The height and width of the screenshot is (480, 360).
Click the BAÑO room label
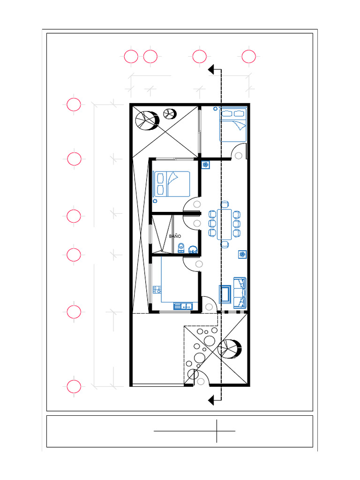(175, 236)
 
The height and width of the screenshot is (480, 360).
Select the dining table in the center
(225, 225)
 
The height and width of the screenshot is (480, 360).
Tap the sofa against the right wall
(240, 293)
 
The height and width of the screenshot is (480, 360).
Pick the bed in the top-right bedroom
(233, 124)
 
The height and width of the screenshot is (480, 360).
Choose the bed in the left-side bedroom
(172, 184)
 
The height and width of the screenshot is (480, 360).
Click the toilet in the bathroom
(181, 247)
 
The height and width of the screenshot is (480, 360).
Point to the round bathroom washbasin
(193, 249)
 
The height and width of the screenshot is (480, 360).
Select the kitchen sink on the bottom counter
(183, 306)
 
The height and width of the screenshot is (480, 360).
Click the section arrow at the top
(214, 70)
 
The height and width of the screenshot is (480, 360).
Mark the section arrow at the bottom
(214, 400)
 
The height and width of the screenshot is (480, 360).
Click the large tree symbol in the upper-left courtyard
(146, 120)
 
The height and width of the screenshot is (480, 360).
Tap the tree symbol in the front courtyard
(229, 349)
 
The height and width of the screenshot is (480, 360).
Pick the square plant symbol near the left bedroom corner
(206, 165)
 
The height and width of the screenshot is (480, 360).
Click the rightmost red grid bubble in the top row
(248, 57)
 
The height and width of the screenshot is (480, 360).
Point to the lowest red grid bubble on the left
(74, 386)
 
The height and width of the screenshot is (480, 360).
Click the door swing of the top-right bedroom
(239, 152)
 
